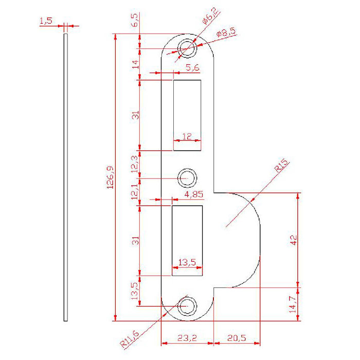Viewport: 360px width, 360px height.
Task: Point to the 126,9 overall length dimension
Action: (110, 177)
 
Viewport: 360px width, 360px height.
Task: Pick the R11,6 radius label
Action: (129, 338)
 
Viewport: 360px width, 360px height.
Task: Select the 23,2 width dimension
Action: (187, 337)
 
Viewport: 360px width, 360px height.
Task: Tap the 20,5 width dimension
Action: (237, 337)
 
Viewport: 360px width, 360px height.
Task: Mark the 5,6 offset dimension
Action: (192, 67)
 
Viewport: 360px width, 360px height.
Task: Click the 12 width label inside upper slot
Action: (187, 136)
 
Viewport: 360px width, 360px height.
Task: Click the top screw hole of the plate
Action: (187, 49)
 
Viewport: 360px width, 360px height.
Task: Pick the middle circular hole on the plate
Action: (187, 178)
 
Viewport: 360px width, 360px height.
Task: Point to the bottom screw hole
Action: (187, 306)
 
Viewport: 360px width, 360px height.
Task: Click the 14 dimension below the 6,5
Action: (135, 64)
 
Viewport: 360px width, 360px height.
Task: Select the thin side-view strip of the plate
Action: (65, 177)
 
